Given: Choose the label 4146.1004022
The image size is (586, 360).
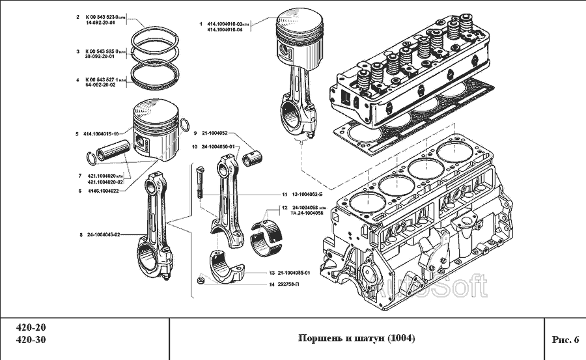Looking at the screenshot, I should tap(104, 191).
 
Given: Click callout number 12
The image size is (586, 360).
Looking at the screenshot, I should tap(284, 208).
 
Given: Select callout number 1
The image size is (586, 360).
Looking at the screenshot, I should tap(201, 23).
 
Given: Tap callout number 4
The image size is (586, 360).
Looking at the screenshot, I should tap(77, 80).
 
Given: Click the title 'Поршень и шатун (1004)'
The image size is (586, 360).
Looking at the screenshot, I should tap(356, 338).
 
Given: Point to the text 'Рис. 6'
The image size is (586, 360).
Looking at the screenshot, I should tap(565, 339).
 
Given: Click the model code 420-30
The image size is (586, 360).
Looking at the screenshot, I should tap(31, 340).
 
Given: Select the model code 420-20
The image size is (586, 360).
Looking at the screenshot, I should tap(31, 327).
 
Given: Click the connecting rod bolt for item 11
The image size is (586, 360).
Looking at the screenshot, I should tap(199, 183).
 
